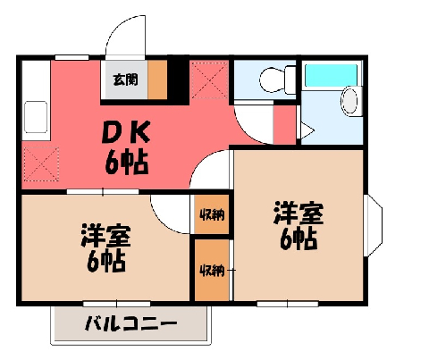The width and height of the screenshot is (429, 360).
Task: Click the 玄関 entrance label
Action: coord(125,80)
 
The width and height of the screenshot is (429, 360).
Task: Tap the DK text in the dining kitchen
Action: coord(126,132)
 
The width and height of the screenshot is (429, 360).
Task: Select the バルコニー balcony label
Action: coord(130,323)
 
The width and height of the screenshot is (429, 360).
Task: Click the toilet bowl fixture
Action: coord(277,80)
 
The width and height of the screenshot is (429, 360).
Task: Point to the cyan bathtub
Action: coord(331,75)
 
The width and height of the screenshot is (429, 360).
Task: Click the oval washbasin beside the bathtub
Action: coord(351,101)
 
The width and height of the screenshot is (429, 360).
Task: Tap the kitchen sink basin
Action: coord(36,117)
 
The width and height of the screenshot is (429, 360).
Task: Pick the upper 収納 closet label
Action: coord(212,214)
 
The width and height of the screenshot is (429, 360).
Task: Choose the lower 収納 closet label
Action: coord(212,270)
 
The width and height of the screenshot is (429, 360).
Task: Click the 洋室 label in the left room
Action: coord(105,235)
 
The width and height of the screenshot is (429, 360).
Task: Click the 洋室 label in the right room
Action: coord(299,213)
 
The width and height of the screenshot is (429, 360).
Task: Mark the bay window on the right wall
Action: coord(373,225)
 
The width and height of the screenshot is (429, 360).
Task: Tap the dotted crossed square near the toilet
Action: coord(209,80)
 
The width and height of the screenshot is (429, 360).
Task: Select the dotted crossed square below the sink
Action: coord(41,163)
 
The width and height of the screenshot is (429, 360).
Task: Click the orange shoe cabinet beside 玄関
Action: coord(157,80)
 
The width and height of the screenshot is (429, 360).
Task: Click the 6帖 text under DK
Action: coord(127,163)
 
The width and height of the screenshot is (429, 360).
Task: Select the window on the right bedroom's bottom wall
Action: coord(288,304)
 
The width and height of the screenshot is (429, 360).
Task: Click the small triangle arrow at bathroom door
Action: coord(307,130)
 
